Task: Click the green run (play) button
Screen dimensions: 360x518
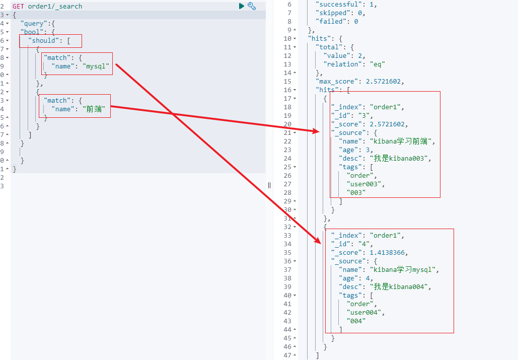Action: pyautogui.click(x=242, y=6)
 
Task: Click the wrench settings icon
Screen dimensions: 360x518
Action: pyautogui.click(x=252, y=6)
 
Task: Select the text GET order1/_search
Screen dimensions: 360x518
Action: pyautogui.click(x=47, y=6)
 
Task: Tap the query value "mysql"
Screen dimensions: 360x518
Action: pyautogui.click(x=96, y=66)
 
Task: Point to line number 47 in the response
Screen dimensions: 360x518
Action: pyautogui.click(x=288, y=355)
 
